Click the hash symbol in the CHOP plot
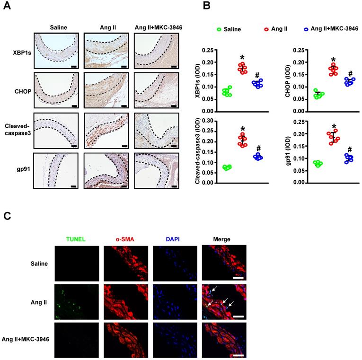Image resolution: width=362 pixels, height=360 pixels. click(351, 73)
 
